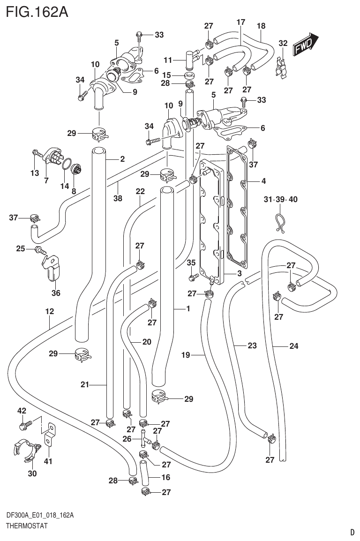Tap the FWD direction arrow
coord(306,45)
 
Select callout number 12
coord(50,311)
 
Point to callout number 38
coord(117,198)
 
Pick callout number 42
coord(22,411)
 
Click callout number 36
coord(56,293)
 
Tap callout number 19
coord(186,355)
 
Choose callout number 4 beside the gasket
coord(264,180)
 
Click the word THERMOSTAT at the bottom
coord(27,526)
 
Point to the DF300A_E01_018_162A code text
coord(40,516)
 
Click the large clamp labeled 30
coord(24,451)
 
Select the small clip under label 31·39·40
coord(280,222)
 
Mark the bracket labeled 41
coord(49,434)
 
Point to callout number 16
coord(165,477)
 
